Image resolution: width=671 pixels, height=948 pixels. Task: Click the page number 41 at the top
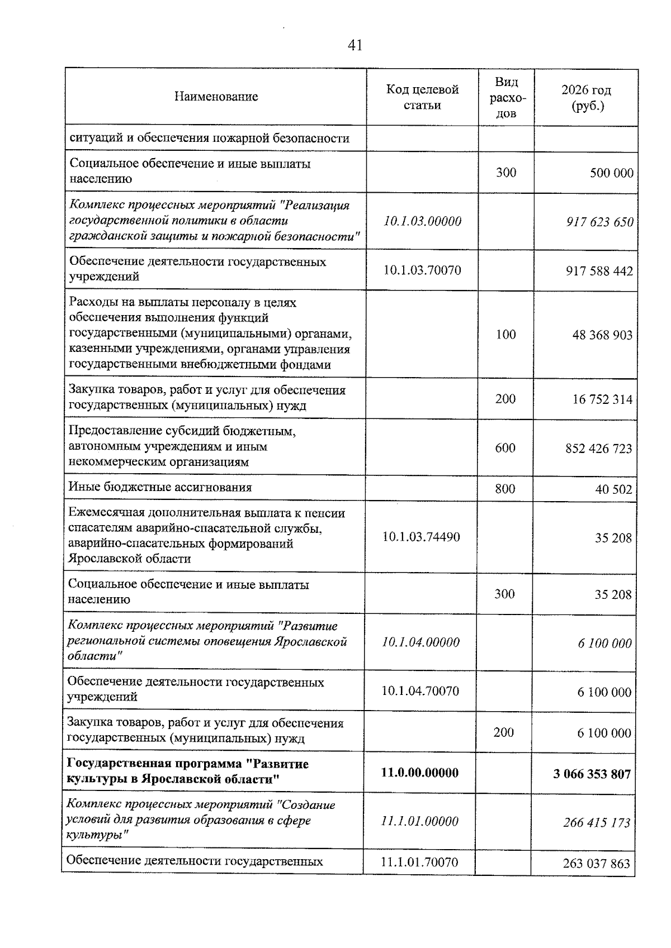click(355, 45)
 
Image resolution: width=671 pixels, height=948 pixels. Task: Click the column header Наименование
click(216, 97)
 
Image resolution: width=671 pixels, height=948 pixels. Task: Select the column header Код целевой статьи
click(422, 97)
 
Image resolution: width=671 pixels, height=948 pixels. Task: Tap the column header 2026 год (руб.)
click(586, 97)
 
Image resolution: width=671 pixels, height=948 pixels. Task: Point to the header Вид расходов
click(506, 97)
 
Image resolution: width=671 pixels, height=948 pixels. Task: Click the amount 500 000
click(611, 173)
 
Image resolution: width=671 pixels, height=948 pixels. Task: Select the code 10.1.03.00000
click(422, 221)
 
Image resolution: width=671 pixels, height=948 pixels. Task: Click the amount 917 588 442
click(599, 271)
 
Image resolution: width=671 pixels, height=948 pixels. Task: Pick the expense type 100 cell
click(505, 334)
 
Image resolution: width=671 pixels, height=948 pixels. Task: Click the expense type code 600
click(505, 448)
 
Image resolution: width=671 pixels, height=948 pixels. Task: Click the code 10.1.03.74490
click(421, 537)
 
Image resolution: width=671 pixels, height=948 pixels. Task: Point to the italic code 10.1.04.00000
click(420, 642)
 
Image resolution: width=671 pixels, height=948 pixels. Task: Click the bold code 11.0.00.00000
click(419, 773)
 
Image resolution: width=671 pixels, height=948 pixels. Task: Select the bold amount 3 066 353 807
click(592, 774)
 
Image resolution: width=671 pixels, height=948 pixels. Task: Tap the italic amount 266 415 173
click(596, 822)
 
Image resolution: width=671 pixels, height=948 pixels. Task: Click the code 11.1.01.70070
click(419, 862)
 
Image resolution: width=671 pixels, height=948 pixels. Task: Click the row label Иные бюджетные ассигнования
click(160, 487)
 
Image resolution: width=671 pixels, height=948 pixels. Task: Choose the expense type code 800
click(505, 489)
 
